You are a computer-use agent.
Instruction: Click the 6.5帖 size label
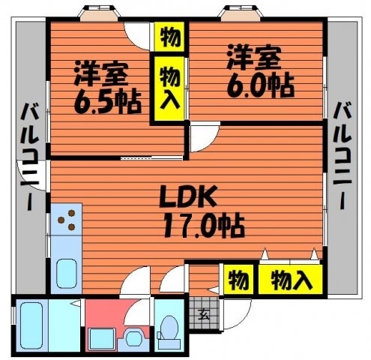click(x=107, y=101)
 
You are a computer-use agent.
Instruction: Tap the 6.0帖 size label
click(x=260, y=85)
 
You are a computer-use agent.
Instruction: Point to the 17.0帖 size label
click(x=204, y=225)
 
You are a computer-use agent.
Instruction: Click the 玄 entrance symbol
click(x=204, y=314)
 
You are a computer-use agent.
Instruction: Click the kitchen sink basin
click(x=66, y=273)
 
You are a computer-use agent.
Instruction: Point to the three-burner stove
click(x=67, y=219)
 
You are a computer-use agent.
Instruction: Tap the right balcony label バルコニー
click(x=342, y=155)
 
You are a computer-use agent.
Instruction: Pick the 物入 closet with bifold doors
click(x=290, y=280)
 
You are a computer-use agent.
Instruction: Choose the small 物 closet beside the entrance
click(x=238, y=280)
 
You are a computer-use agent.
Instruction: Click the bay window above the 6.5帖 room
click(x=99, y=13)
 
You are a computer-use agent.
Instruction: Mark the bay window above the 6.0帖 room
click(x=241, y=13)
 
